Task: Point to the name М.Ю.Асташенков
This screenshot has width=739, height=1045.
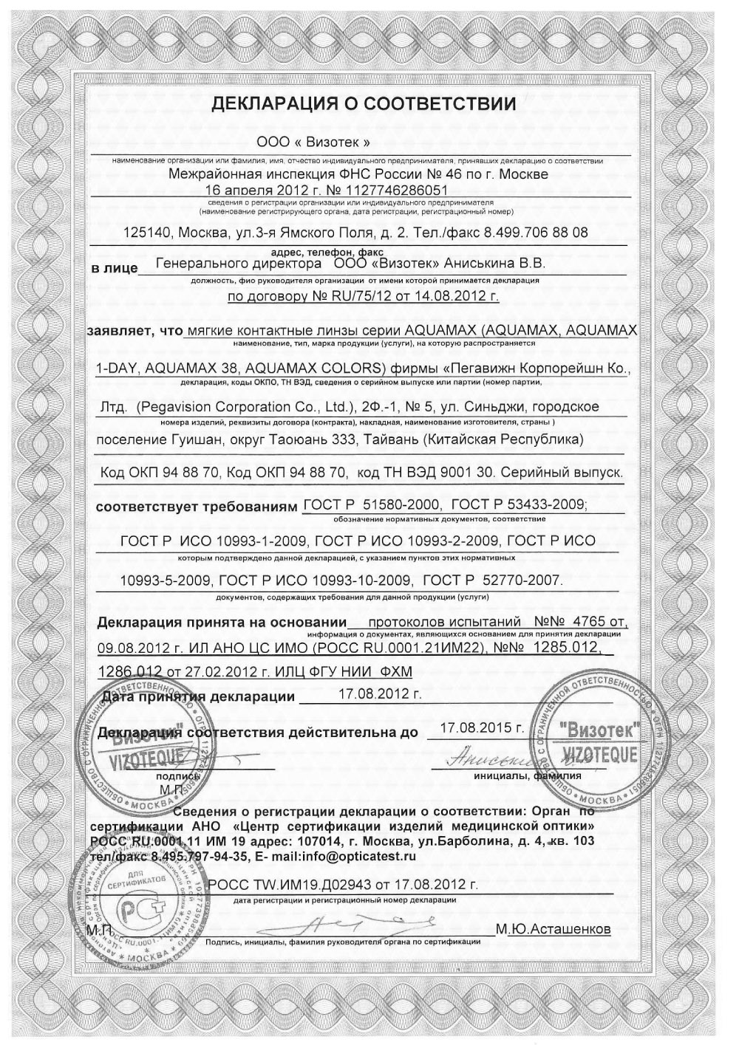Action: (554, 929)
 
